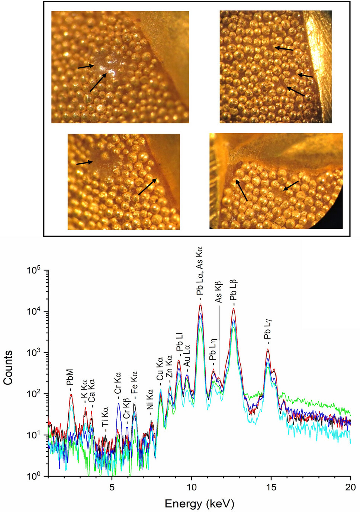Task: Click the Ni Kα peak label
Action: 150,400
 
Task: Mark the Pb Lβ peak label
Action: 234,291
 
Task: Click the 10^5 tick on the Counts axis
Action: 33,271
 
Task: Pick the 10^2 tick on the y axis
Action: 33,394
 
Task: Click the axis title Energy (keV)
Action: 199,504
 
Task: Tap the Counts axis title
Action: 8,368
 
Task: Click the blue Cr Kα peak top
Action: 119,403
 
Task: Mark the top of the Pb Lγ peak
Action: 268,349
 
